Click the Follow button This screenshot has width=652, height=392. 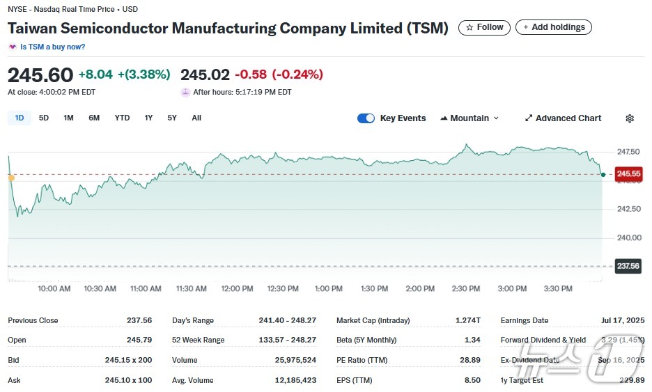484,27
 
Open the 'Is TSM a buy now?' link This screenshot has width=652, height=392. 52,47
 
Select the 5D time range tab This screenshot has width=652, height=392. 44,118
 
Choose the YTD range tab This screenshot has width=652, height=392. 122,118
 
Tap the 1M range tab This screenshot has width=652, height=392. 68,118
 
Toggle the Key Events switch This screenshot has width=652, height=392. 366,118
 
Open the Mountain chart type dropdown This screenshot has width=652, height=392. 469,118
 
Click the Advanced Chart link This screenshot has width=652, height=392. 563,118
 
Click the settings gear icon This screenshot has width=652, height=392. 630,118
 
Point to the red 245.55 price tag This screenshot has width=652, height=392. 628,174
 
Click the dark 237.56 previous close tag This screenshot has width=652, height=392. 628,266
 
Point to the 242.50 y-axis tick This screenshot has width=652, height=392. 628,209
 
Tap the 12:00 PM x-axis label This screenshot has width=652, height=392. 237,288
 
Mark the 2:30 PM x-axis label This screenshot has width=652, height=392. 465,288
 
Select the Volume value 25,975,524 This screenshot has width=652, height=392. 295,360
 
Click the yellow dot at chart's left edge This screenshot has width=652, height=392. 11,178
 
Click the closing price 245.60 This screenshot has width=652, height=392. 40,75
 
